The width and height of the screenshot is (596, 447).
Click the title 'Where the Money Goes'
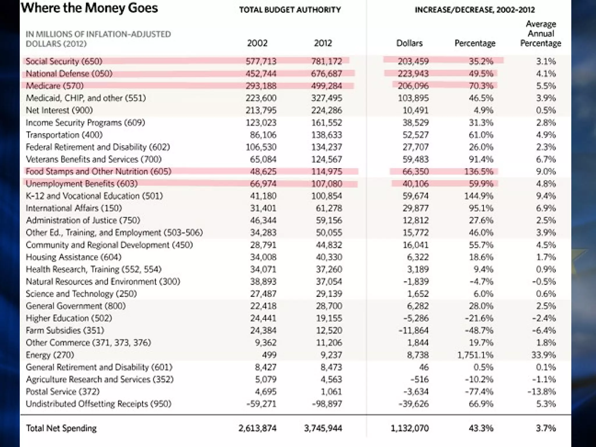click(89, 8)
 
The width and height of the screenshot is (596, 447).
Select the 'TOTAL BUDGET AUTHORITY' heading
click(290, 10)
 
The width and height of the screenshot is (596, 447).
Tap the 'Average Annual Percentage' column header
click(540, 33)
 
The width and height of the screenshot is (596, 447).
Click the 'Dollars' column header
click(409, 43)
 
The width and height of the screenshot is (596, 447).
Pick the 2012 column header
click(323, 43)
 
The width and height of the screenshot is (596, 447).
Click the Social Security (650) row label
click(64, 61)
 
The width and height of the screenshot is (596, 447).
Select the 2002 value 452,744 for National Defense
click(261, 74)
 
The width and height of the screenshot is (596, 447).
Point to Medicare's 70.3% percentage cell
click(481, 86)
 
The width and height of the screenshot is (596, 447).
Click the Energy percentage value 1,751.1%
click(475, 355)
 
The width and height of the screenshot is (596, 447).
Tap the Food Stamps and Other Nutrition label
click(98, 171)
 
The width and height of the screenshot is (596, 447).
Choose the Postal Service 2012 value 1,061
click(331, 392)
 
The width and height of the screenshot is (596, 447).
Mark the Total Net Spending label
click(61, 428)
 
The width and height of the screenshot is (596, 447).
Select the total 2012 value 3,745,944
click(323, 428)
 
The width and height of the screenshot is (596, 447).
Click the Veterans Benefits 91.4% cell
click(481, 159)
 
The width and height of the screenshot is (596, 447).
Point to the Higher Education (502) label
click(69, 318)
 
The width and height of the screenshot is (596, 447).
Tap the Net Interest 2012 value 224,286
click(327, 110)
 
